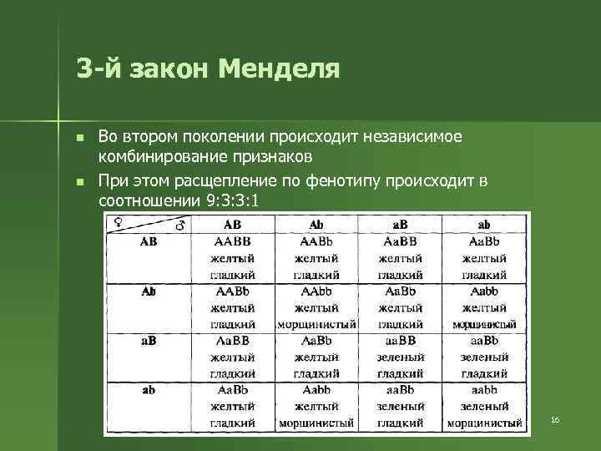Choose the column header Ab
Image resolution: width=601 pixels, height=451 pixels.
316,225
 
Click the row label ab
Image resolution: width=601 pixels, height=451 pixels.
148,390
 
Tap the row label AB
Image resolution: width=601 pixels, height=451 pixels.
148,242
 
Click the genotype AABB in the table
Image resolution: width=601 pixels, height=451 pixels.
233,242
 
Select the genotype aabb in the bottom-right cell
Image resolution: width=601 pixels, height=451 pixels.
484,390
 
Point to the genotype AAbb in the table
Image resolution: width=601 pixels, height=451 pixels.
316,291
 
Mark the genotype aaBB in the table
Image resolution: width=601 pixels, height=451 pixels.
401,341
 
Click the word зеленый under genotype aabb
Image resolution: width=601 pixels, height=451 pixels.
484,407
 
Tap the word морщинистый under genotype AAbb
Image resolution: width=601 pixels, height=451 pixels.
316,324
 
